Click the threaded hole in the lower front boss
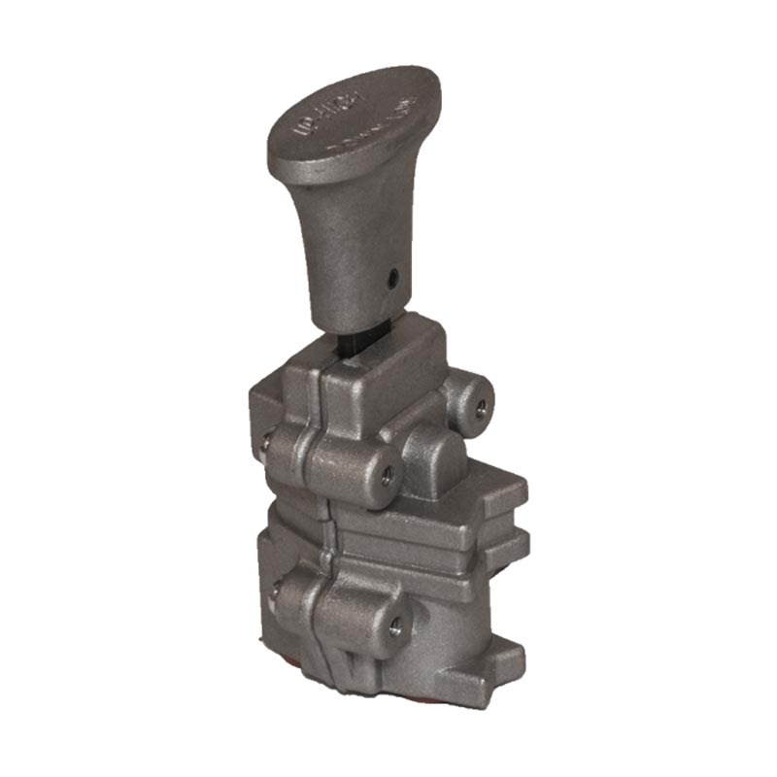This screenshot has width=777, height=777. point(395,625)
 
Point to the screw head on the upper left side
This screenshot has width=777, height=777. point(264,445)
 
